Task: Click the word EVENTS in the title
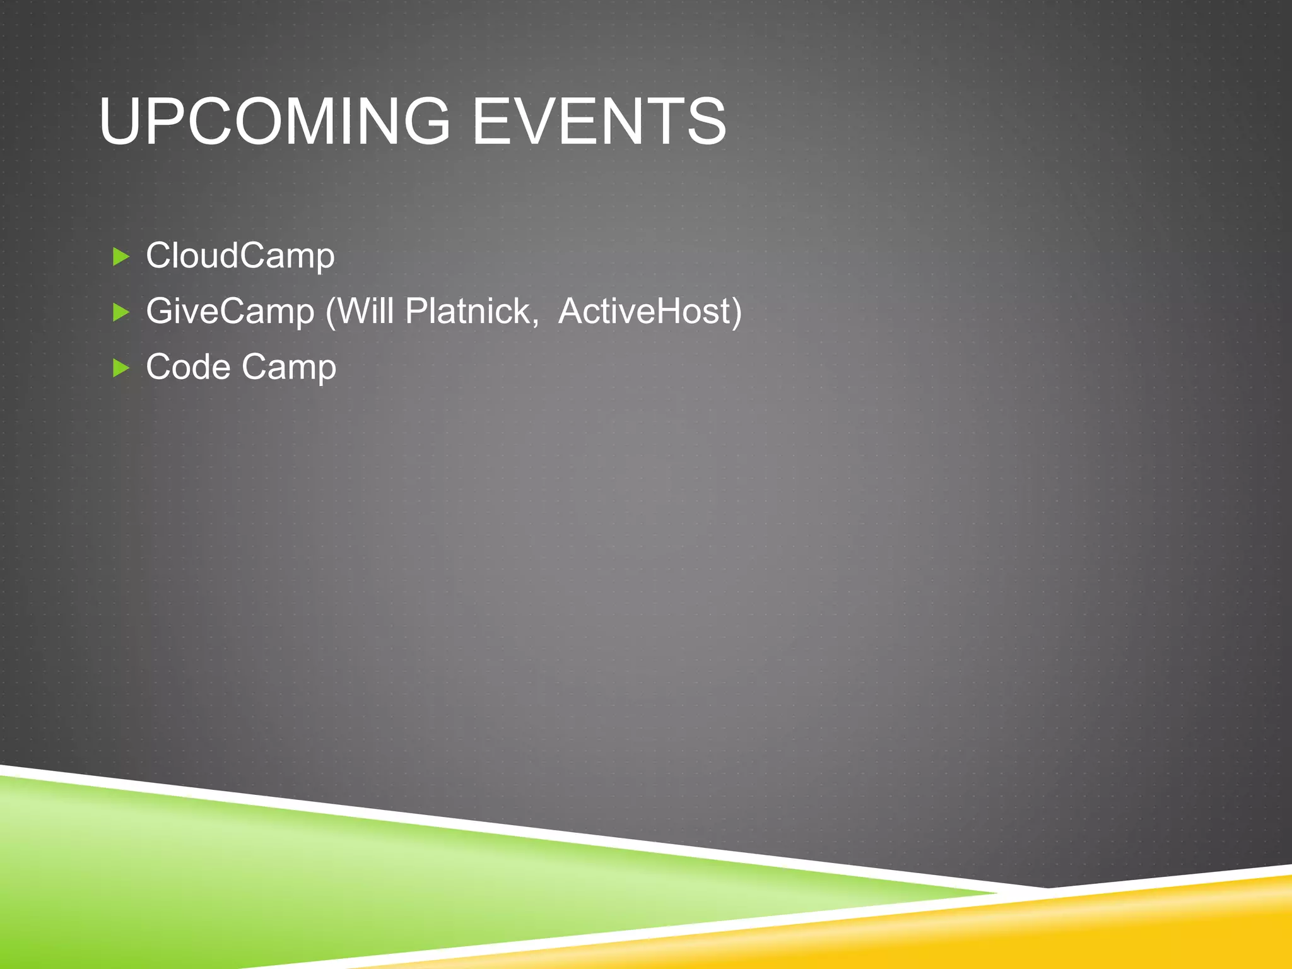(599, 121)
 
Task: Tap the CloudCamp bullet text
(240, 256)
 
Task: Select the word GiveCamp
(230, 312)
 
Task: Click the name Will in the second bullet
(366, 312)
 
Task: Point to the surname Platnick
(468, 312)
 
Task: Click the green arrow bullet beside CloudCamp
(120, 257)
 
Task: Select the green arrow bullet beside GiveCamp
(120, 312)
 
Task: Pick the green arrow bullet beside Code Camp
(120, 368)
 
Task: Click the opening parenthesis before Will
(330, 313)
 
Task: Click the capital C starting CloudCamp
(159, 256)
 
